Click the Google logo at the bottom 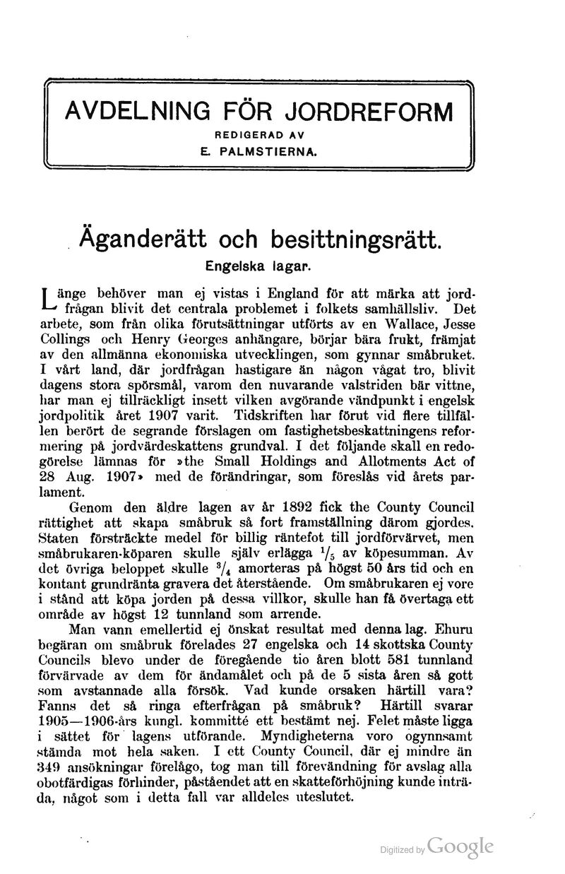coord(459,846)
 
